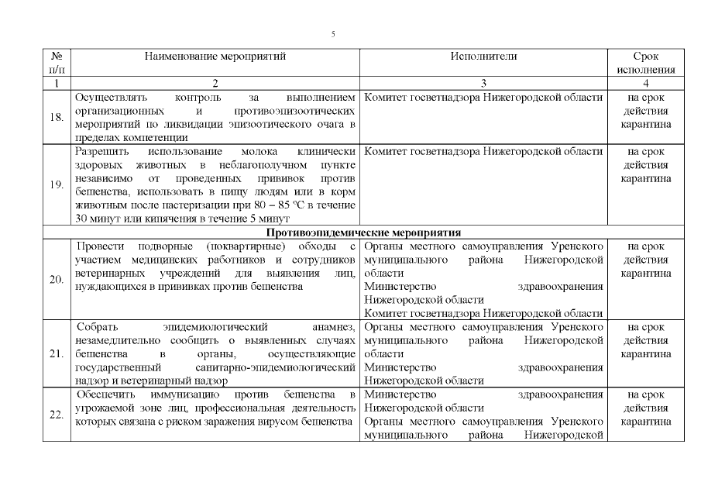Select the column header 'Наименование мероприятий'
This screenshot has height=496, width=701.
[215, 57]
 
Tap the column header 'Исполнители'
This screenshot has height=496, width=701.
[483, 57]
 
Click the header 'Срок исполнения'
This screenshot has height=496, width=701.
[645, 63]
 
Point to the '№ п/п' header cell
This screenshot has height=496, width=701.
[57, 63]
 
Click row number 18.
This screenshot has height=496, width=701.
[57, 117]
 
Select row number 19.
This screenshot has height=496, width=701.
[57, 185]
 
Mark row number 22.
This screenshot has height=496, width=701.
[57, 415]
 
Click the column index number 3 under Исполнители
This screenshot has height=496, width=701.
[483, 83]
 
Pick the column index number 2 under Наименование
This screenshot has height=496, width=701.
[215, 83]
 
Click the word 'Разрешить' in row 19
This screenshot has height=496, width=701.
[101, 152]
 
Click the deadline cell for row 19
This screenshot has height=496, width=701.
[645, 165]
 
